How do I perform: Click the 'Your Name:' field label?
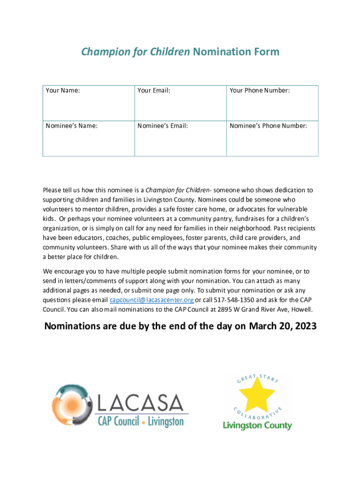[63, 90]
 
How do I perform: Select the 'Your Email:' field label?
[154, 90]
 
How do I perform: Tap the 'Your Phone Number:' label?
[259, 90]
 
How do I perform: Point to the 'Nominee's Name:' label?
[72, 125]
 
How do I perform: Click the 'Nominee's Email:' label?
[163, 125]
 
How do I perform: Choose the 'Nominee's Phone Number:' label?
[268, 125]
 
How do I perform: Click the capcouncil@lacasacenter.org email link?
[151, 300]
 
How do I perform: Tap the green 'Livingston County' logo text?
[257, 426]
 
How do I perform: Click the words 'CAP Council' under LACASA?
[118, 421]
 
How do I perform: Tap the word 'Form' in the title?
[266, 51]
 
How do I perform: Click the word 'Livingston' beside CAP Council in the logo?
[166, 421]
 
